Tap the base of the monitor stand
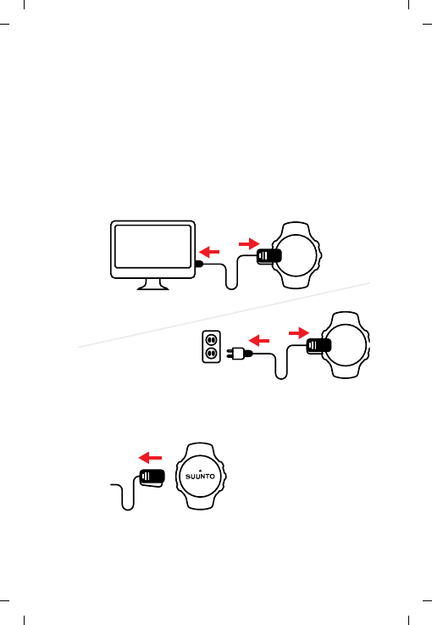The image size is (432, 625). coord(153,288)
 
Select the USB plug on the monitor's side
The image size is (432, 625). coord(199,264)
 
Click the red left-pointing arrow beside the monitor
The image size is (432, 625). coord(209,251)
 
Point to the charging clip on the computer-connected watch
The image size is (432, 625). coord(267,257)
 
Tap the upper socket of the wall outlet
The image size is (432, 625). coord(212,339)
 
